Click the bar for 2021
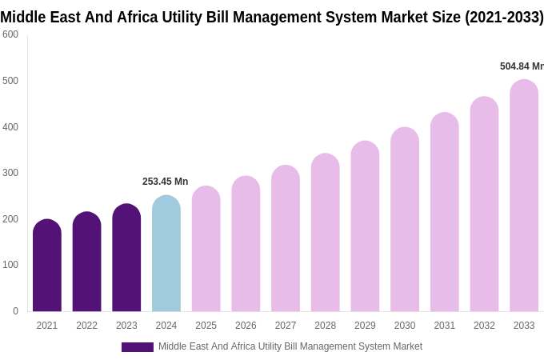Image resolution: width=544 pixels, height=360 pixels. pyautogui.click(x=47, y=266)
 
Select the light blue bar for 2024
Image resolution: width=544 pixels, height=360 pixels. pyautogui.click(x=166, y=254)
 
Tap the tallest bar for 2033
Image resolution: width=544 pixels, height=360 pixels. pyautogui.click(x=524, y=196)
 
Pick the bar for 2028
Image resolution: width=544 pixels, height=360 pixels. pyautogui.click(x=326, y=233)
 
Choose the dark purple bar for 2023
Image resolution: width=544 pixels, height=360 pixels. pyautogui.click(x=126, y=258)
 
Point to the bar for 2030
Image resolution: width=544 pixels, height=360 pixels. pyautogui.click(x=405, y=220)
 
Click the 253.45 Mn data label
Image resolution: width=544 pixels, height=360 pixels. pyautogui.click(x=165, y=182)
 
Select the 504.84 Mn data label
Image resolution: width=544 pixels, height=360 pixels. pyautogui.click(x=521, y=66)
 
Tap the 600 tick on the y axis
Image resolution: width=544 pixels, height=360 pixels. pyautogui.click(x=10, y=34)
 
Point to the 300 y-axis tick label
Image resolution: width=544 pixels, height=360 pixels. pyautogui.click(x=10, y=173)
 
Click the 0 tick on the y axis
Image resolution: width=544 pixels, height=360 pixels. pyautogui.click(x=15, y=311)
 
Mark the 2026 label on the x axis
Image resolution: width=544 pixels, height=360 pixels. pyautogui.click(x=246, y=326)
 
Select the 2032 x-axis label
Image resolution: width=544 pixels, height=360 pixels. pyautogui.click(x=484, y=326)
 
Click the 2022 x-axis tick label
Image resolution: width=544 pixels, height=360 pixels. pyautogui.click(x=86, y=326)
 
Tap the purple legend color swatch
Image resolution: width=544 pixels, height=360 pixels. pyautogui.click(x=137, y=347)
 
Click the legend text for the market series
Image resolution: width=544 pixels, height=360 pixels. pyautogui.click(x=290, y=346)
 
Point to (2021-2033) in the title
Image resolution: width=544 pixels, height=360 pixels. pyautogui.click(x=503, y=17)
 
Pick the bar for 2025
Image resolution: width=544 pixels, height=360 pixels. pyautogui.click(x=206, y=249)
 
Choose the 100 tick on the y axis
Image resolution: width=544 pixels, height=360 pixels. pyautogui.click(x=10, y=265)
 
